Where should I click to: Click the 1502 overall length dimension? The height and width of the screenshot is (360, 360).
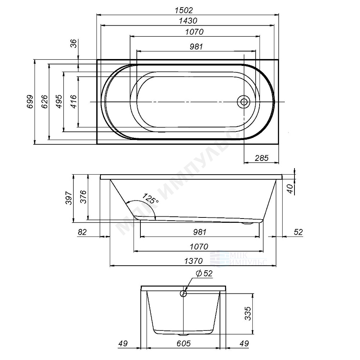click(184, 10)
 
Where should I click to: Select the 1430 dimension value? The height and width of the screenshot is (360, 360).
click(188, 21)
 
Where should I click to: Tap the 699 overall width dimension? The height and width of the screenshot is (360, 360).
click(30, 102)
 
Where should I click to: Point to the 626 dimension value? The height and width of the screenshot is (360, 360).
click(44, 102)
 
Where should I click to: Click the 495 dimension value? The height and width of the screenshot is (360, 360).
click(59, 102)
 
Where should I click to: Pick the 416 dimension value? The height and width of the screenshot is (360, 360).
click(73, 102)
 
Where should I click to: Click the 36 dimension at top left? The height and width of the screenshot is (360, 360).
click(73, 44)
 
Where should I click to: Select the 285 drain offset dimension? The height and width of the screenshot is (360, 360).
click(261, 158)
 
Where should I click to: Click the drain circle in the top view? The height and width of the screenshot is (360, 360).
click(244, 102)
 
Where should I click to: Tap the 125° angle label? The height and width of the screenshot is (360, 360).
click(150, 198)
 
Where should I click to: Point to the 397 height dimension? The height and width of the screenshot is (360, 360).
click(69, 198)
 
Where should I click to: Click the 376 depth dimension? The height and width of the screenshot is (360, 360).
click(83, 197)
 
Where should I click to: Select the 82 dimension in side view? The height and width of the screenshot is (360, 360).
click(82, 232)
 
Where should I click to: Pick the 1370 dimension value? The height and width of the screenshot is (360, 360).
click(194, 261)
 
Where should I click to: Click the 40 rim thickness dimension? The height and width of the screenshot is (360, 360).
click(290, 189)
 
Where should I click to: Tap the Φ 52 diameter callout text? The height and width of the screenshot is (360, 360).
click(204, 274)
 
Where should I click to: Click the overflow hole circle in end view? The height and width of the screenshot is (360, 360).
click(183, 293)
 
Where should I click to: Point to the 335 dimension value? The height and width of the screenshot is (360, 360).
click(248, 314)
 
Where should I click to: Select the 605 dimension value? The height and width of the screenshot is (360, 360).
click(184, 344)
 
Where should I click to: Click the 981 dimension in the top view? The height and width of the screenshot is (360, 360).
click(196, 46)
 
